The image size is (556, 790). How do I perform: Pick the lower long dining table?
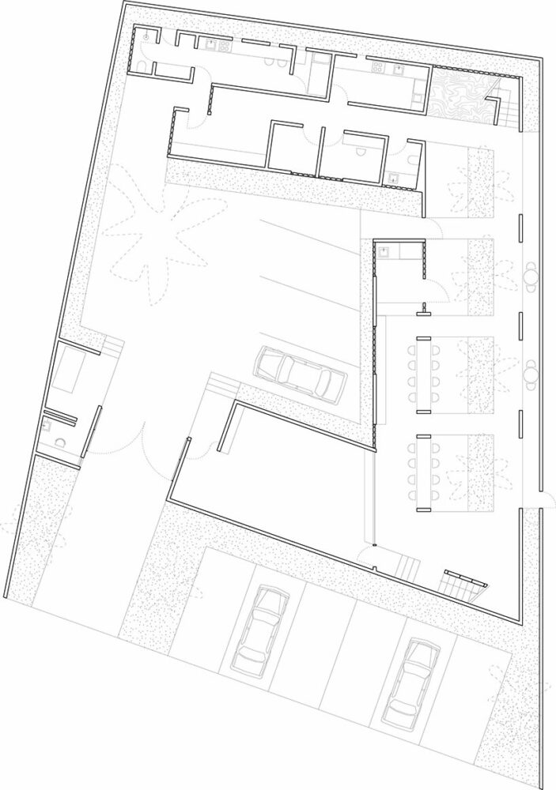tap(424, 468)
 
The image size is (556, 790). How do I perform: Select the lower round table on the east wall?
tap(529, 370)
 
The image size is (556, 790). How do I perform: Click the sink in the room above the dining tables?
tap(384, 252)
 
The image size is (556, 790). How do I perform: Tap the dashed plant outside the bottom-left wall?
tap(16, 529)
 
